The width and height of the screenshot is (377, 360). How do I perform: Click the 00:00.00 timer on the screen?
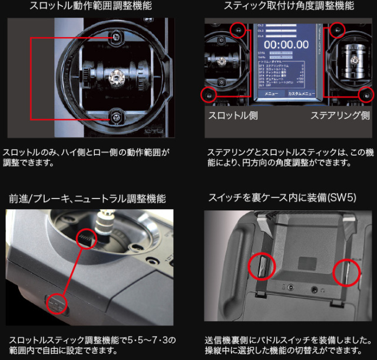click(286, 44)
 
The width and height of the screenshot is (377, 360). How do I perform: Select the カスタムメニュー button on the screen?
click(301, 94)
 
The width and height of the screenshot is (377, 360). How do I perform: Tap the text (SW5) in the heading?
click(342, 198)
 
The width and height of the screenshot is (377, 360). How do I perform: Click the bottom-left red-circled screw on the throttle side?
click(207, 94)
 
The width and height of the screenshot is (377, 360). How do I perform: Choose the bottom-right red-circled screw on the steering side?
click(366, 94)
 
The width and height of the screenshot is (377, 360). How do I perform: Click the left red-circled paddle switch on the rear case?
click(261, 267)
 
